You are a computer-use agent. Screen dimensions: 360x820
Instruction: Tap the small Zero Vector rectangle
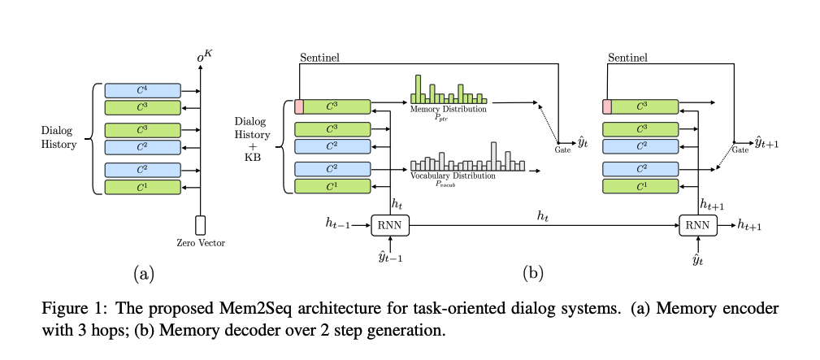201,225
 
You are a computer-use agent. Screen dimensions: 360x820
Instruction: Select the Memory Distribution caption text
449,108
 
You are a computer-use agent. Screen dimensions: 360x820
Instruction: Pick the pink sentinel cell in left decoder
298,106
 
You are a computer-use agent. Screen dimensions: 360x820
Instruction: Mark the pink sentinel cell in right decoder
606,106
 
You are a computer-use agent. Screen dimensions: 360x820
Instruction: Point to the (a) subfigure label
145,274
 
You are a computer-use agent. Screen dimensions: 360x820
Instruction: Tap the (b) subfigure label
532,274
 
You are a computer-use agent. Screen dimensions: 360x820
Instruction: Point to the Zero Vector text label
201,243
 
